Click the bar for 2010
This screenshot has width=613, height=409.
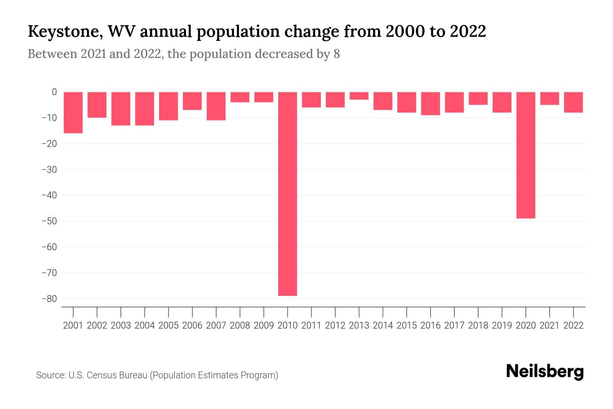click(287, 194)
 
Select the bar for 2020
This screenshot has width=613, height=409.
click(525, 155)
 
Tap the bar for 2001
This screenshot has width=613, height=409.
click(73, 112)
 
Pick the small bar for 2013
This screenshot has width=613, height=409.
click(359, 96)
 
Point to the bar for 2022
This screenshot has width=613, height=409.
click(573, 102)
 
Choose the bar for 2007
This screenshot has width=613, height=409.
click(216, 106)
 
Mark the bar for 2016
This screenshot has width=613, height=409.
click(430, 104)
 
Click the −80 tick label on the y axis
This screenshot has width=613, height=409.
click(49, 299)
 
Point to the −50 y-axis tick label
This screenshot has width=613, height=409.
click(49, 221)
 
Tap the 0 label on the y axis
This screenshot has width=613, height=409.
click(54, 92)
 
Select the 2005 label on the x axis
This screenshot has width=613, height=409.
click(169, 325)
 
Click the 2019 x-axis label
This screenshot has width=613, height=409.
click(502, 325)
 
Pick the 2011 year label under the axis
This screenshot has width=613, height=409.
click(311, 325)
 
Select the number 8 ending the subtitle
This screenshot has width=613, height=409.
click(336, 54)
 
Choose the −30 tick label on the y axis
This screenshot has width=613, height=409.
click(49, 169)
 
